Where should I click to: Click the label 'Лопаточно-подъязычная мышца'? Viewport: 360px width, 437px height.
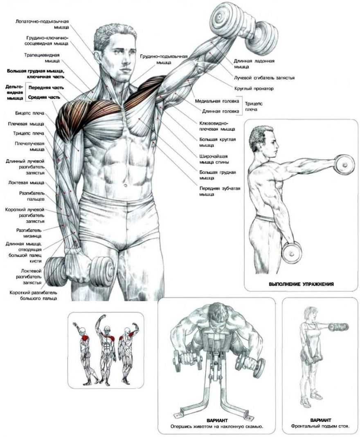[x=42, y=24]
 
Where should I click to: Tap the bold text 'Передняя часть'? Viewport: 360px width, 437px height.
[x=46, y=87]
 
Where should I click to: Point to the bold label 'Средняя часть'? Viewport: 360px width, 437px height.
[x=44, y=97]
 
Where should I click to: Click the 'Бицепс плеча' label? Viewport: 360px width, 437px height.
[x=30, y=113]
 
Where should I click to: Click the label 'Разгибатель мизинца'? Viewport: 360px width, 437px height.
[x=29, y=233]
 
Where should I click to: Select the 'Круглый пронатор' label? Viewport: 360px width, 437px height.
[x=254, y=89]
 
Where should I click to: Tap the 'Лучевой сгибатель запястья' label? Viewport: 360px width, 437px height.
[x=264, y=78]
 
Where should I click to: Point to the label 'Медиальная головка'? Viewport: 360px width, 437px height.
[x=217, y=101]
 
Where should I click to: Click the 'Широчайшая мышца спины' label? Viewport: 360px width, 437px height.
[x=214, y=159]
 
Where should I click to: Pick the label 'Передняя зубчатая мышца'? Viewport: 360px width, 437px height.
[x=220, y=191]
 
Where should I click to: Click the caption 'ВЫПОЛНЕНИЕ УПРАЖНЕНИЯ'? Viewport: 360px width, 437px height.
[x=301, y=284]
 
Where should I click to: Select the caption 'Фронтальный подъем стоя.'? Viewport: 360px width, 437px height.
[x=320, y=426]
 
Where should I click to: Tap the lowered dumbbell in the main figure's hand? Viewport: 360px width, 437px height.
[x=79, y=272]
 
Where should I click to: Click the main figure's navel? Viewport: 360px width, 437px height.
[x=126, y=184]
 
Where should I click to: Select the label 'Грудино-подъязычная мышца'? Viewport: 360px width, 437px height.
[x=164, y=59]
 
